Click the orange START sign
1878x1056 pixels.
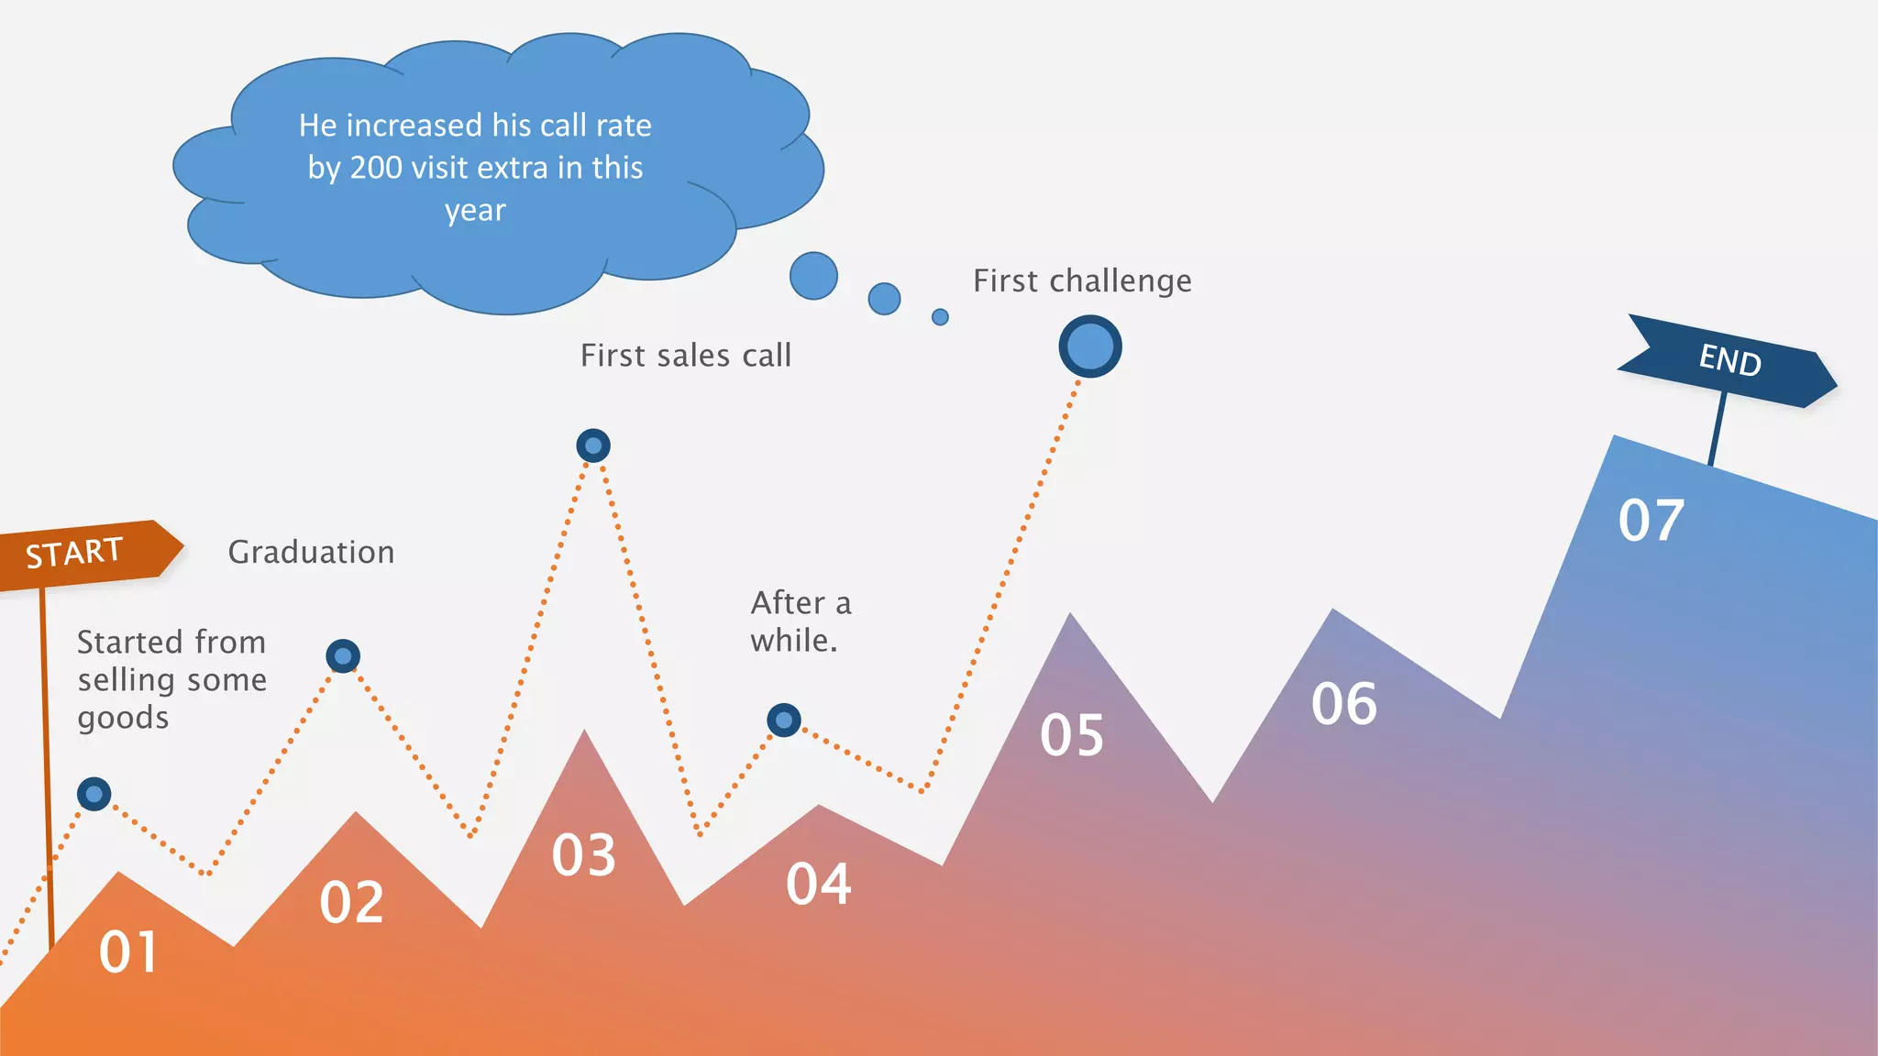[83, 553]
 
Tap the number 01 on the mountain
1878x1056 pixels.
[127, 951]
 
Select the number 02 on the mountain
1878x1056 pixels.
[351, 902]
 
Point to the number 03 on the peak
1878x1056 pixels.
[583, 855]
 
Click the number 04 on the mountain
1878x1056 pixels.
[818, 884]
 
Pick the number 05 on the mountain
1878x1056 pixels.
[1071, 735]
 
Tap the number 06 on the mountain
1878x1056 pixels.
[1343, 704]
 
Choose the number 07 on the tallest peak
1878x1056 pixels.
[1651, 521]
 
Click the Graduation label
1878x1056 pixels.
[311, 552]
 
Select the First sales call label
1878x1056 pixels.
[686, 356]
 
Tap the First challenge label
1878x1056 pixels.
[1082, 280]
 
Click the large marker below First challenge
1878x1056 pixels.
[1089, 346]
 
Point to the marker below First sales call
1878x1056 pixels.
[593, 445]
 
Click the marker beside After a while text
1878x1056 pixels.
[784, 720]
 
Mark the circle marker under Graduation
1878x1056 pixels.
[343, 656]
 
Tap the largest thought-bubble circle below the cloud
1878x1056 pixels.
[813, 276]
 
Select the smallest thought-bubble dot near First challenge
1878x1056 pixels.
[940, 317]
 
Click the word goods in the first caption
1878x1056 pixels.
[123, 718]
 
